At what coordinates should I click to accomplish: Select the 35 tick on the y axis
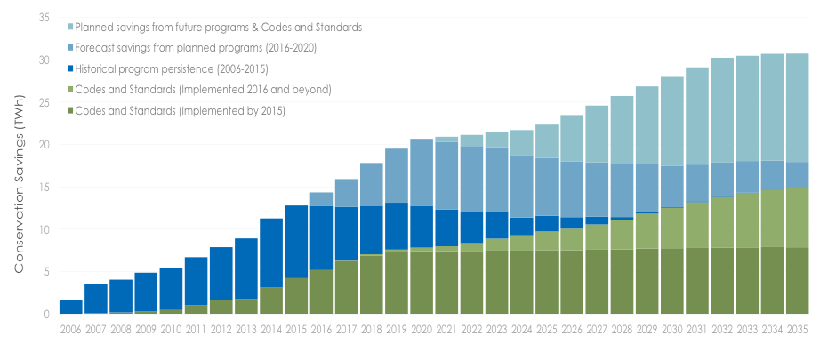[41, 17]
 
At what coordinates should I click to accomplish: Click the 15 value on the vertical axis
[41, 187]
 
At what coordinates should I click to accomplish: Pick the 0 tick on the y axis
[44, 314]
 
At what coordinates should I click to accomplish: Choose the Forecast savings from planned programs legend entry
[197, 48]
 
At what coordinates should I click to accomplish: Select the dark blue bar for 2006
[71, 307]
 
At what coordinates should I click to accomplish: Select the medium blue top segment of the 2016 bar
[321, 199]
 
